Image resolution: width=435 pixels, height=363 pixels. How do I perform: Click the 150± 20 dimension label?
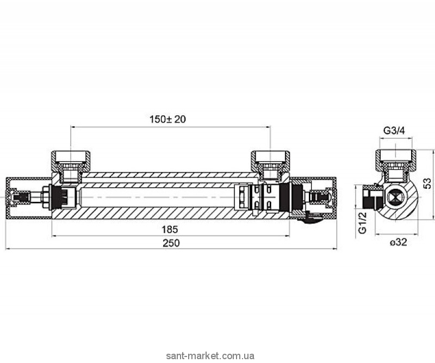(167, 119)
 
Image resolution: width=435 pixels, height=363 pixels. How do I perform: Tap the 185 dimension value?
(170, 230)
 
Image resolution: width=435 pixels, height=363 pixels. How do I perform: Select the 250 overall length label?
(171, 243)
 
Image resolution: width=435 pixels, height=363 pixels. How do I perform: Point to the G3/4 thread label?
(394, 130)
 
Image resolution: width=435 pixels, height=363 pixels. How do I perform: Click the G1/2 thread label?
(363, 223)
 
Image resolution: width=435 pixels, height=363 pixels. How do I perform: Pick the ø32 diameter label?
(398, 242)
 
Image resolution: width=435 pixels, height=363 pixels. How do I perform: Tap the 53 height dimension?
(428, 183)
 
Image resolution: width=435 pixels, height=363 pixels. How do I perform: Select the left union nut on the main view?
(71, 161)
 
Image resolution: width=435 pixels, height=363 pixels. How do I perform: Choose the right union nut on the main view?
(270, 161)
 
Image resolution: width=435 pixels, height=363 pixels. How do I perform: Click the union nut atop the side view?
(396, 160)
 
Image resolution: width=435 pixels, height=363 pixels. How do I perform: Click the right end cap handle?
(313, 198)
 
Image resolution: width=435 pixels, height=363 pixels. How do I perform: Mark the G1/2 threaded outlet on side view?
(370, 198)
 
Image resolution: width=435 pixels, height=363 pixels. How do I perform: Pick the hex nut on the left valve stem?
(45, 198)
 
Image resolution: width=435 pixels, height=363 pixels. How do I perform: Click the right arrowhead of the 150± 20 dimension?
(268, 127)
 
